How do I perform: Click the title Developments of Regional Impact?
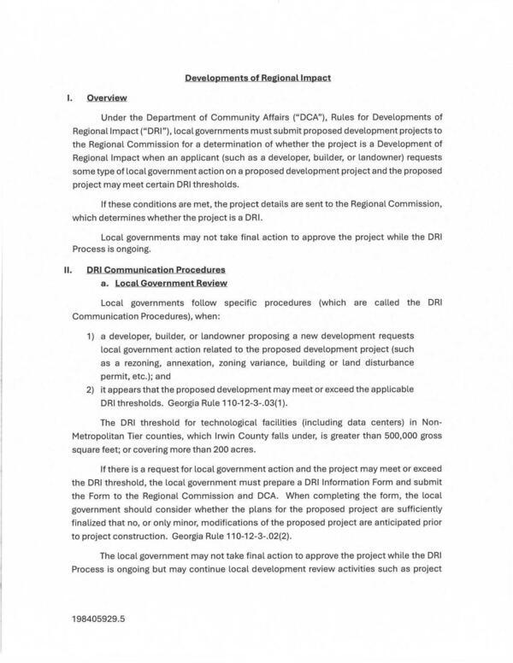[257, 78]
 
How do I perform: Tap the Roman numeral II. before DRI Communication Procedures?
[71, 270]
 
